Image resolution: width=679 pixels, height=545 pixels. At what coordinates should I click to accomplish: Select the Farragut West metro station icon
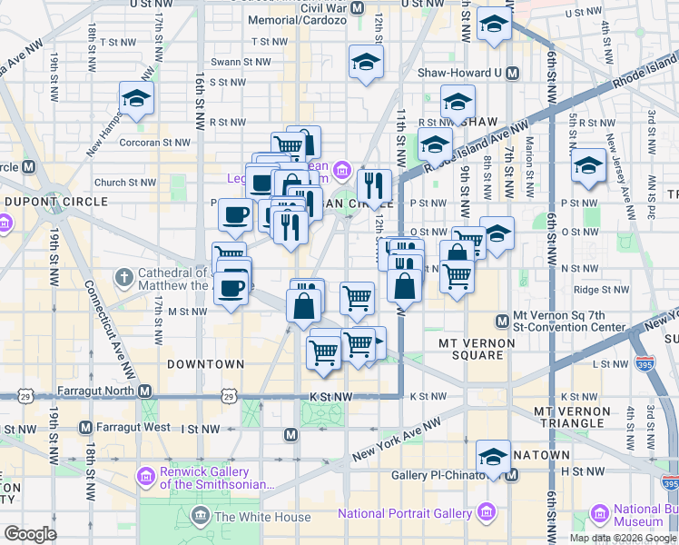85,427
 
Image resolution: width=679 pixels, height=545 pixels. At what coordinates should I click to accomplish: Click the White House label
250,517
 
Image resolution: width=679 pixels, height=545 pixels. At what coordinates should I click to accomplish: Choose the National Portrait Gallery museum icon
487,513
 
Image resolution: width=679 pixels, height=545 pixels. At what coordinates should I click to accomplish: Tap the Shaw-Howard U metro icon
512,74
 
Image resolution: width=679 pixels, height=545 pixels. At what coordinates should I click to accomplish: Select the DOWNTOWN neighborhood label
206,364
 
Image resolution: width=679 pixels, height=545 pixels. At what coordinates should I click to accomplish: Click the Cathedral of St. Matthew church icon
126,275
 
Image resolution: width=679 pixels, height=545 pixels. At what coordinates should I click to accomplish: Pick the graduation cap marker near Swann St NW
366,63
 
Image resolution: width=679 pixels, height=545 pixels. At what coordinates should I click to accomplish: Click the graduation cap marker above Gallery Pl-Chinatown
493,456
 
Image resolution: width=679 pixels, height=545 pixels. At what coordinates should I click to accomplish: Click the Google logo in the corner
30,534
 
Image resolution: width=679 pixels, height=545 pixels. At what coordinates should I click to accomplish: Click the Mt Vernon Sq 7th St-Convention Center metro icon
502,321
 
